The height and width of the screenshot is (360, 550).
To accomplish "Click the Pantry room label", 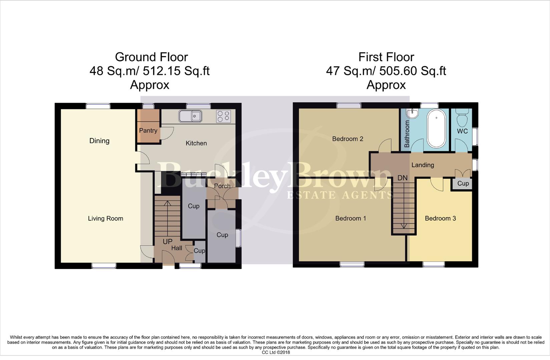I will click(148, 130).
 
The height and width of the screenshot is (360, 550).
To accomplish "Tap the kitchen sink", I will click(190, 116).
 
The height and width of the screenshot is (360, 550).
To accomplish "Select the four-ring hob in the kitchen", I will click(223, 116).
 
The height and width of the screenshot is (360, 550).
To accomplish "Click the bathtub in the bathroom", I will click(436, 128).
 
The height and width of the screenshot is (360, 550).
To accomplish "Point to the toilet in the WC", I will click(462, 117).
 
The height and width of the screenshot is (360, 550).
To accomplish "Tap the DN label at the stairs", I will click(403, 178).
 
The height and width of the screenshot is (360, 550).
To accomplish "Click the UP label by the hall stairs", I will click(167, 241).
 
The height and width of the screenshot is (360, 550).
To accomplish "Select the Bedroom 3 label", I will click(440, 218).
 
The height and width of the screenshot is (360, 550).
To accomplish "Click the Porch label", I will click(222, 186).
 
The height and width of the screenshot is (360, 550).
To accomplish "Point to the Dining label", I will click(99, 141).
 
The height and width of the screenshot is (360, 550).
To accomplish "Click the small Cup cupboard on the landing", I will click(463, 183).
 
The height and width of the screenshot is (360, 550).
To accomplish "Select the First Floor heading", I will click(386, 57).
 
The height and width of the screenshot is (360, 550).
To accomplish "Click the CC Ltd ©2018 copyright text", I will click(276, 352).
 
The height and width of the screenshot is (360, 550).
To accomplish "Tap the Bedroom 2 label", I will click(348, 139).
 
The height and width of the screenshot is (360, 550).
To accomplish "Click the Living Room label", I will click(105, 218).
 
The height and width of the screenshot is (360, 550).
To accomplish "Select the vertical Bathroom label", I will click(407, 134).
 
